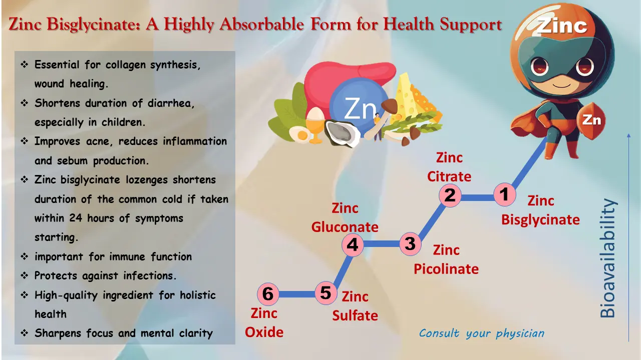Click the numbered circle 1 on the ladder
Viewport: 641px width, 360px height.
504,194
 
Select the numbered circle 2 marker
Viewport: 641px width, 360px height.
450,195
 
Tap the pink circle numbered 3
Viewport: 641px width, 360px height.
410,244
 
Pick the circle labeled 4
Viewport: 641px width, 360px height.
353,245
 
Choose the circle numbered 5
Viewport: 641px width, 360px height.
326,293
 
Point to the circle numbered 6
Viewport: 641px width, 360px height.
268,294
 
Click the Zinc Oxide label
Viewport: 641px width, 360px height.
264,322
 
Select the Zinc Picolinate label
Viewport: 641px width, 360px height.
446,259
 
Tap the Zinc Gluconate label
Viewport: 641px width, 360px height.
345,217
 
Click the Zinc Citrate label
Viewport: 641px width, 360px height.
449,167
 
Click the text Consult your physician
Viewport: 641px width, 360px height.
481,333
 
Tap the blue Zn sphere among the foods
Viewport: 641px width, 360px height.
358,108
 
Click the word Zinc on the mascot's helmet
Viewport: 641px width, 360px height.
561,25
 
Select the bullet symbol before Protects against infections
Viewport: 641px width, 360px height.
25,276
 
